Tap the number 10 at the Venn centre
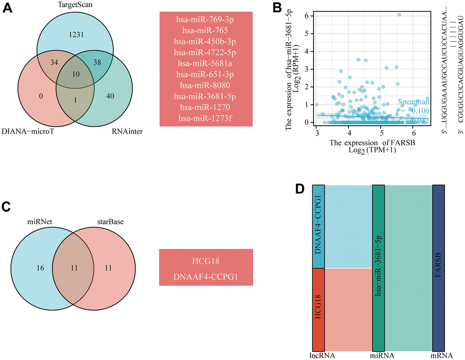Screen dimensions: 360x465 [x=75, y=73]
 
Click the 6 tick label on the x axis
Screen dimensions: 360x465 [x=413, y=132]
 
